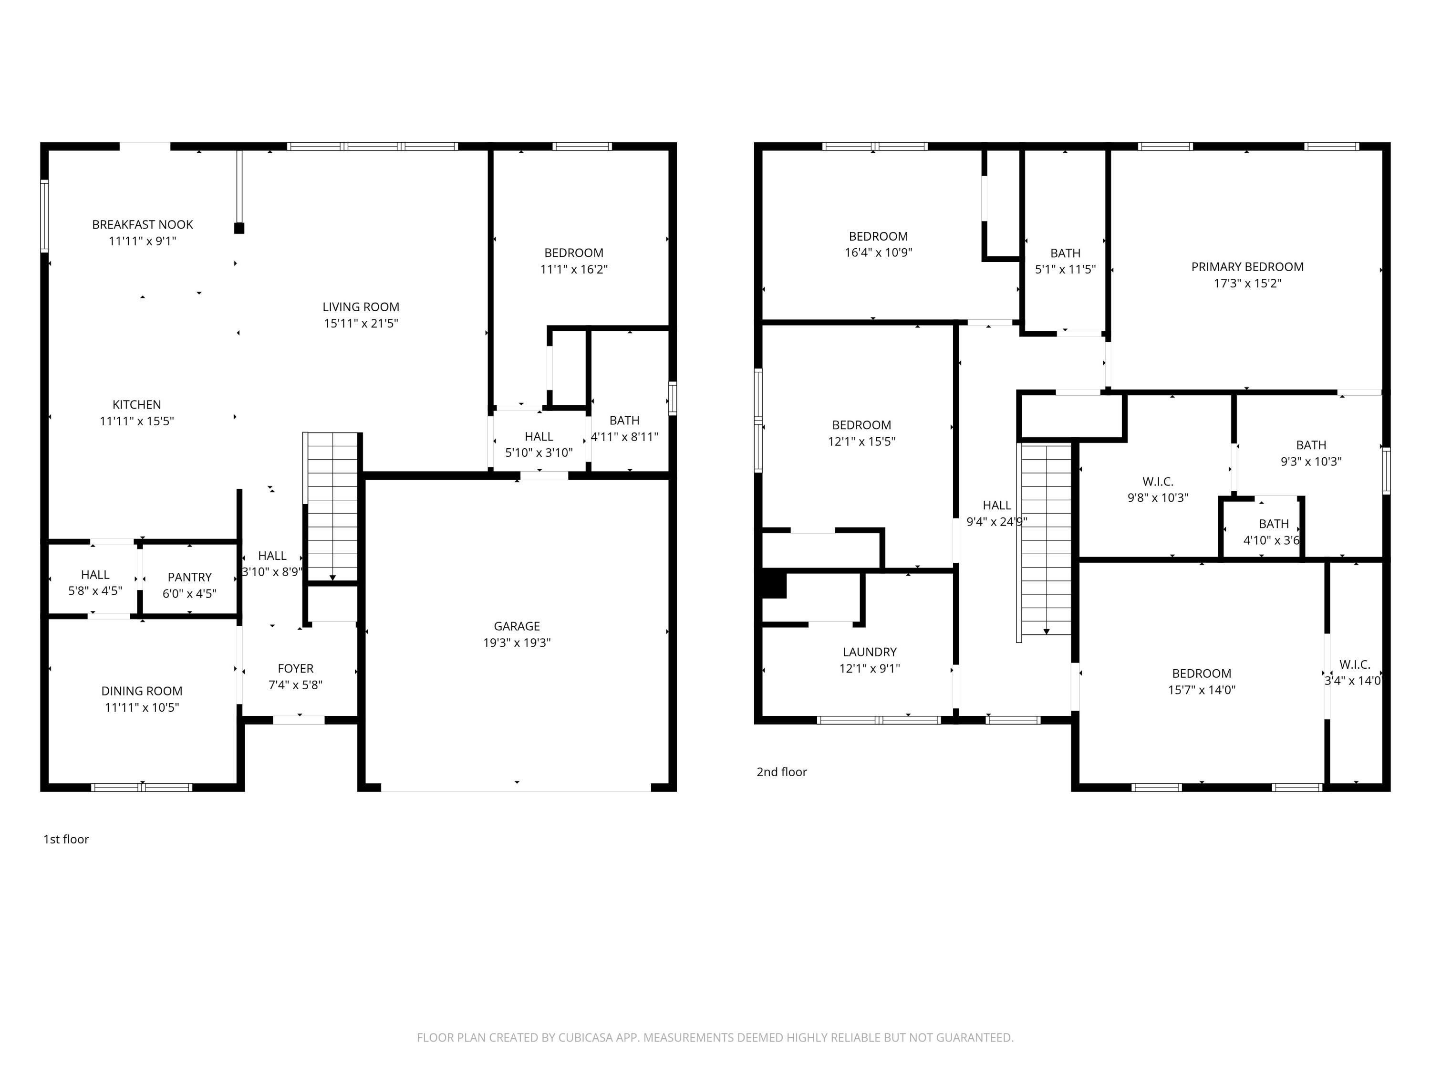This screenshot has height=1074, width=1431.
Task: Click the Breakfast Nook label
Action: [142, 225]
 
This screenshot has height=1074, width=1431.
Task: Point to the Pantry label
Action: [189, 577]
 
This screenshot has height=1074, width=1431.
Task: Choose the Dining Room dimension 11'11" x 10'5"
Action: [142, 707]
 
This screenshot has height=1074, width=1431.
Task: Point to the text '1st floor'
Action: [66, 839]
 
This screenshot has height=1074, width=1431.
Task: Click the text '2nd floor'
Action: [781, 772]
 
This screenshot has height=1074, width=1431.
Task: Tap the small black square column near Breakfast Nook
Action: [238, 228]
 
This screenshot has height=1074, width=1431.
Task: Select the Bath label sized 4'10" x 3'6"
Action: [1273, 524]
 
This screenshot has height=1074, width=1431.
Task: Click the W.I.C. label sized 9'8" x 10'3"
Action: [1157, 482]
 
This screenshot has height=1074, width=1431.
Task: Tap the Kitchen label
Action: [136, 405]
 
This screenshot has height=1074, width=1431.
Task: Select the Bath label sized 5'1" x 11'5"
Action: [1065, 253]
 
